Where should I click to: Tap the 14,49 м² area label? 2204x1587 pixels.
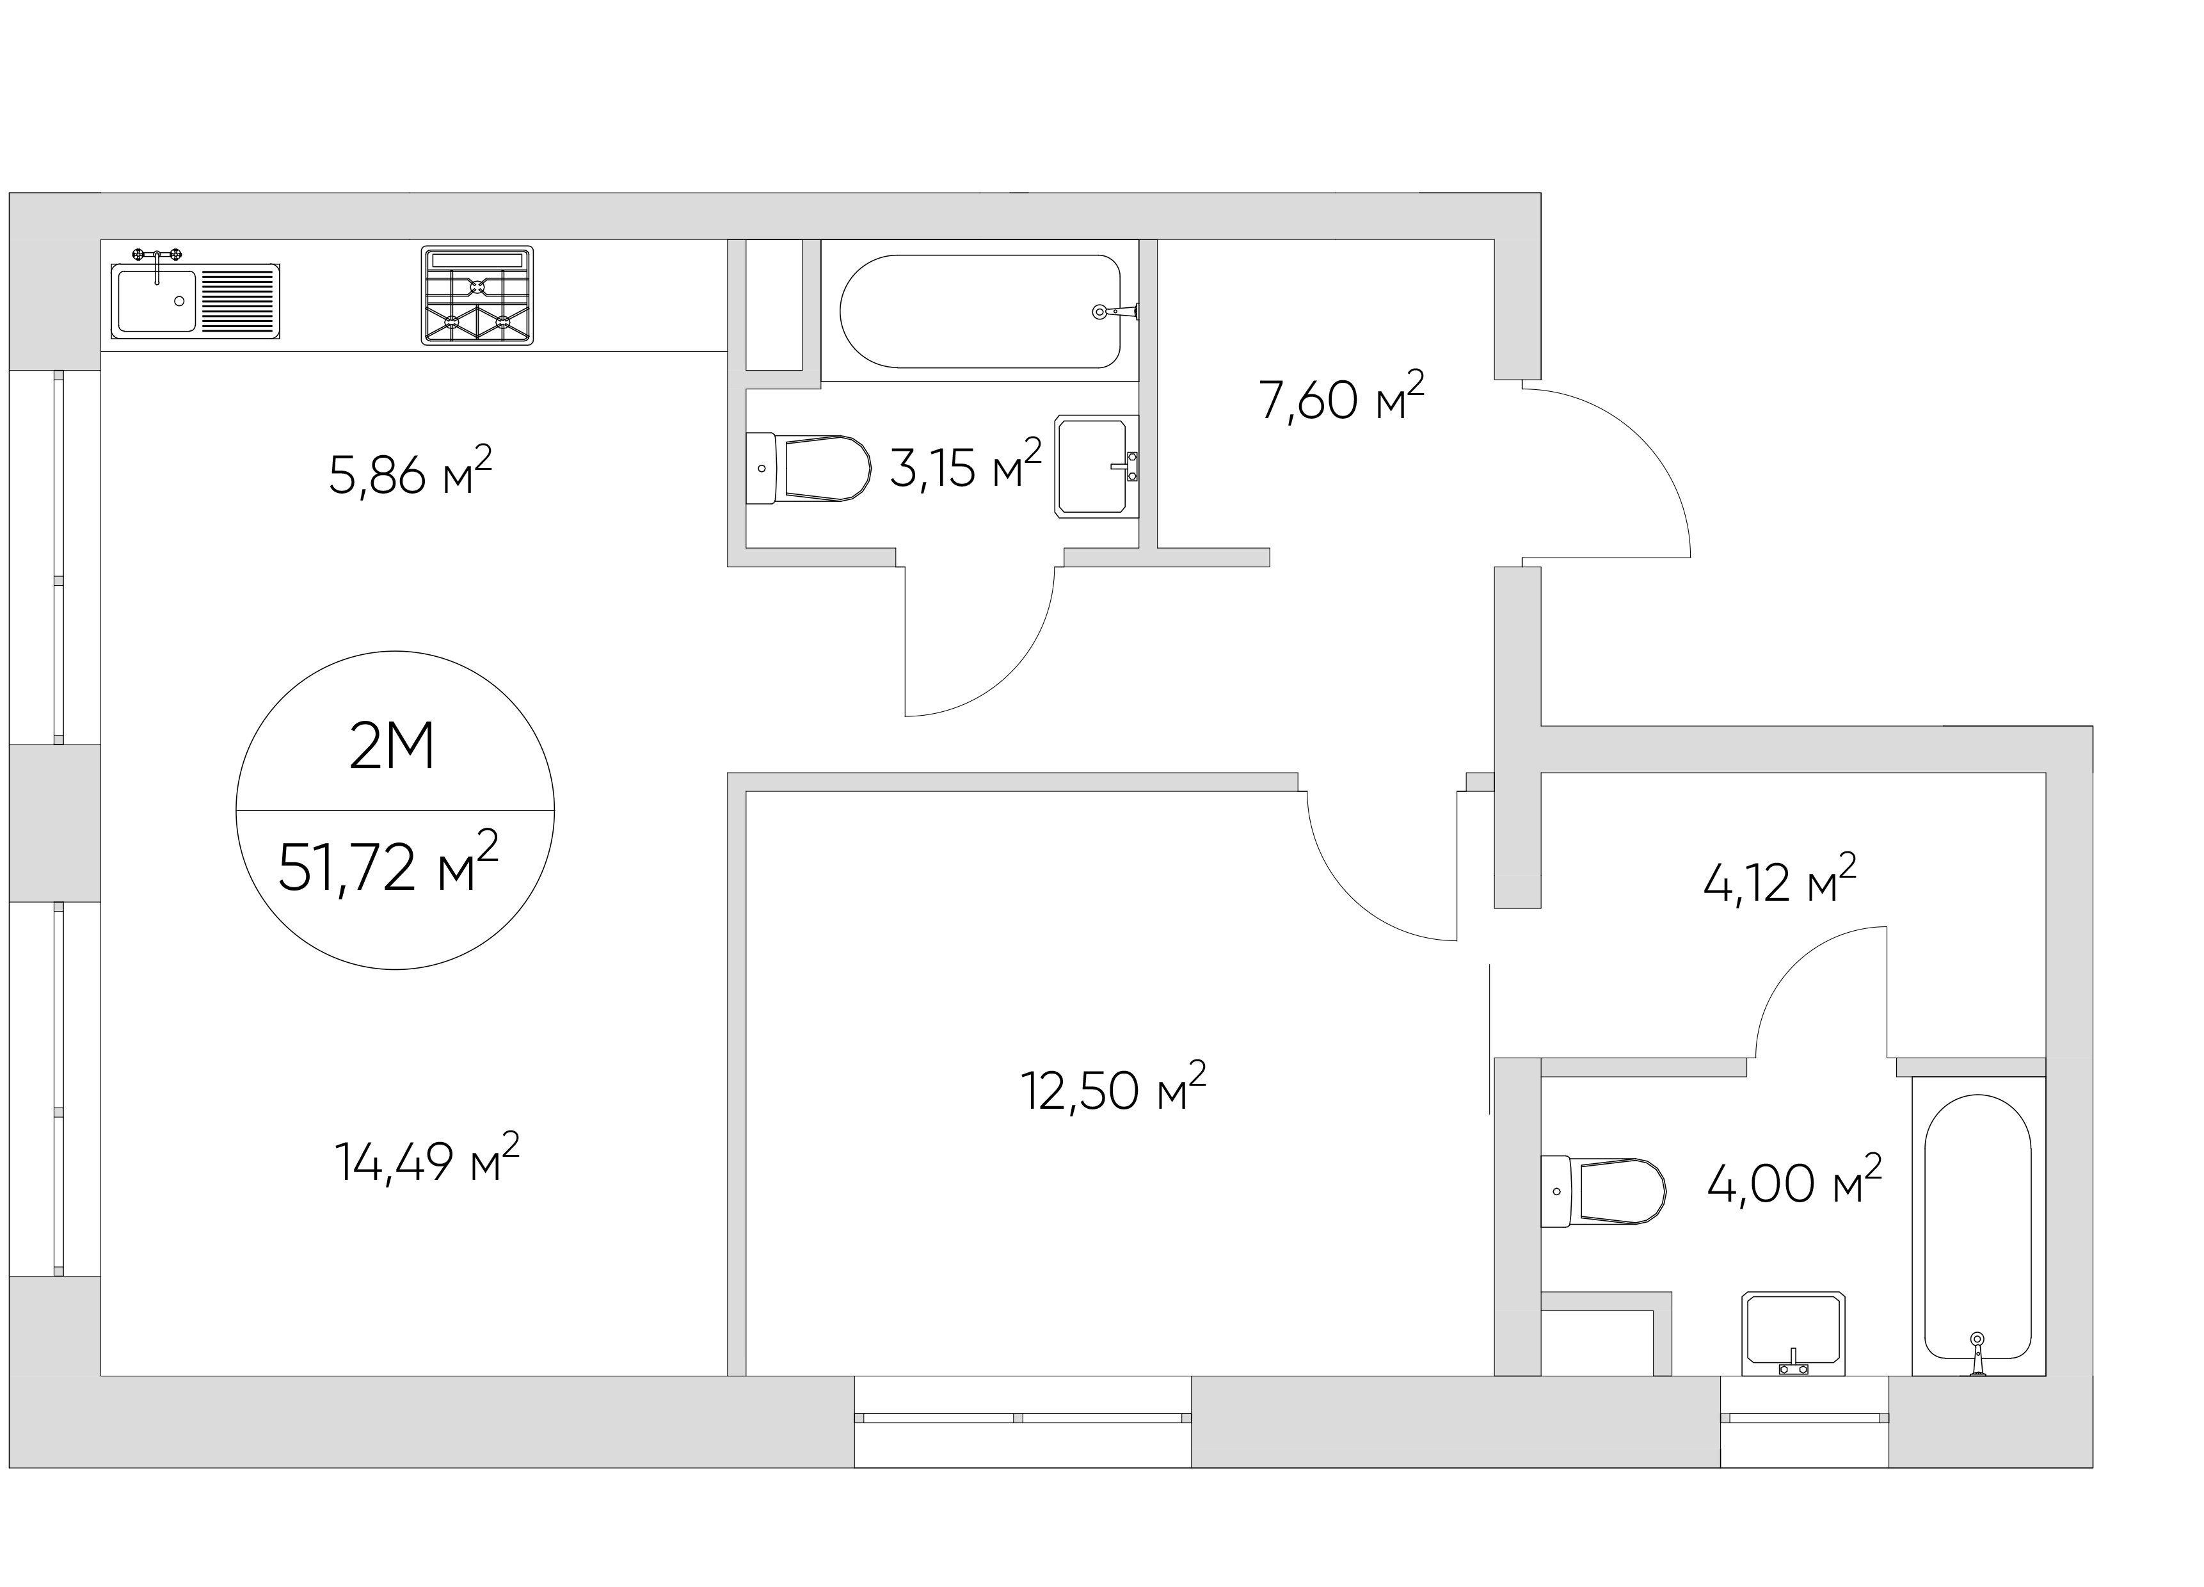(x=427, y=1157)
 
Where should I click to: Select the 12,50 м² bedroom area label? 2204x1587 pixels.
(x=1114, y=1086)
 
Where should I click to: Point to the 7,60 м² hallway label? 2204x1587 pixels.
(x=1341, y=396)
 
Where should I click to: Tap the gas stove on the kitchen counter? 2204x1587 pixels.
(x=477, y=295)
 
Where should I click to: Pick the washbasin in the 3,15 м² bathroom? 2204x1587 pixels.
(x=1097, y=467)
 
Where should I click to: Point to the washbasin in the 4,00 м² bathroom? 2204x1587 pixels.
(x=1794, y=1333)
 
